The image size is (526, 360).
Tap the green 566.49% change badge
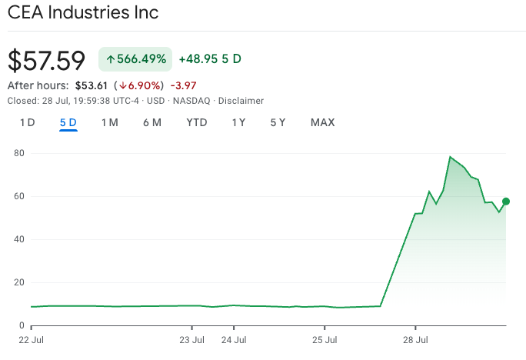(x=135, y=59)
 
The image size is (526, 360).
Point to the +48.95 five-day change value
(x=198, y=59)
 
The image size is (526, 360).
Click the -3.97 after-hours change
(x=181, y=85)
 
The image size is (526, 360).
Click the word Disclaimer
(x=241, y=101)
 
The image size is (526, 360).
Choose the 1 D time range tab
(x=28, y=122)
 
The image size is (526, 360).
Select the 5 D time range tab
(x=68, y=122)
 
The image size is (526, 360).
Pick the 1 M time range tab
(x=109, y=122)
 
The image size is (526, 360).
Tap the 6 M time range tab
(x=151, y=122)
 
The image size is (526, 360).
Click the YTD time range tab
(x=197, y=122)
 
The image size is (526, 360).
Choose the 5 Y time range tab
(x=278, y=122)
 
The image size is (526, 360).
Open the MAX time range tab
(x=322, y=122)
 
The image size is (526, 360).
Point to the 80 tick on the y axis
(x=20, y=153)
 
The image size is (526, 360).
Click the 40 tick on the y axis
(x=20, y=239)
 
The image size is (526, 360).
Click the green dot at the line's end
(x=506, y=202)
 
